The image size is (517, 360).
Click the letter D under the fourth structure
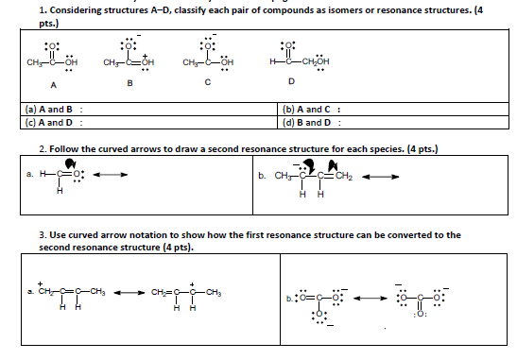click(293, 82)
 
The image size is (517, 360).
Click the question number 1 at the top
click(42, 9)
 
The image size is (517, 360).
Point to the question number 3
click(42, 234)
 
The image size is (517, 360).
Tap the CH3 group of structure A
click(38, 63)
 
